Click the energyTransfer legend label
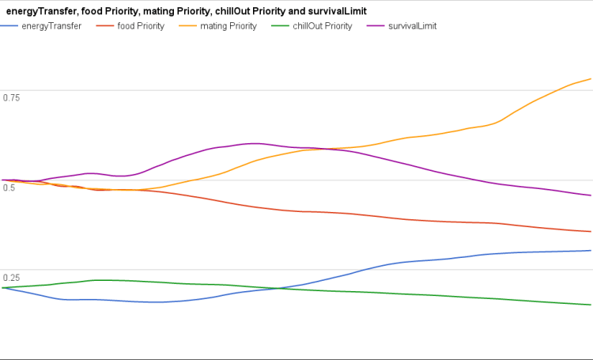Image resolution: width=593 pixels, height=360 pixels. (54, 26)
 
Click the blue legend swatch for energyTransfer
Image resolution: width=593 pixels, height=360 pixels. (11, 26)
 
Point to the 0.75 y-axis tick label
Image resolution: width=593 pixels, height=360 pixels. (11, 97)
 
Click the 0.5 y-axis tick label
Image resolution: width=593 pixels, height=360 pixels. (9, 188)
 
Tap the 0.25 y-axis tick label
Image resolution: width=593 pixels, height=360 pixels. (11, 278)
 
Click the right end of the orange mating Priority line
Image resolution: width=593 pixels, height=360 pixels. (591, 79)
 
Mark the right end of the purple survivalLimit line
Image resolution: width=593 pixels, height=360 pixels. (591, 195)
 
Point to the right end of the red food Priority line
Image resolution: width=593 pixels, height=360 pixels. (591, 232)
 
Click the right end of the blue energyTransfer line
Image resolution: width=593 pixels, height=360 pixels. (591, 251)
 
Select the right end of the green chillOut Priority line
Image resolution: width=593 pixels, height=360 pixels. (591, 305)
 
